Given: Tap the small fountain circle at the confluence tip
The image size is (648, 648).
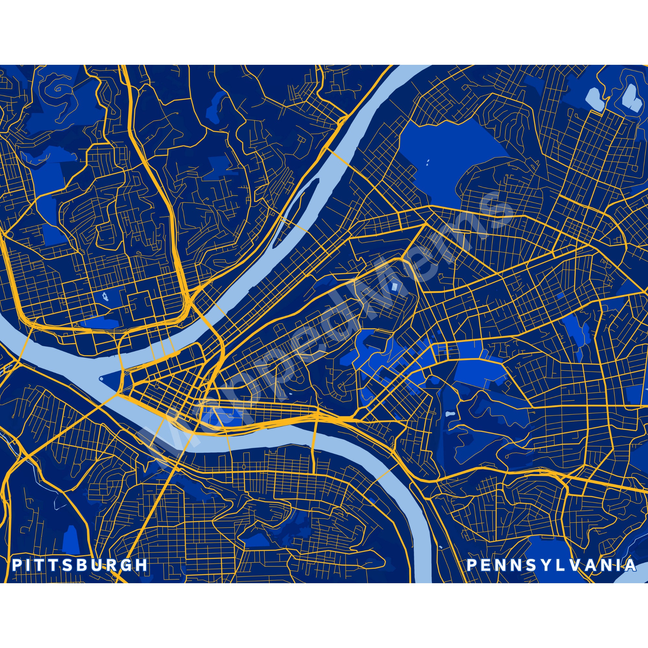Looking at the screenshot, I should click(101, 378).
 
